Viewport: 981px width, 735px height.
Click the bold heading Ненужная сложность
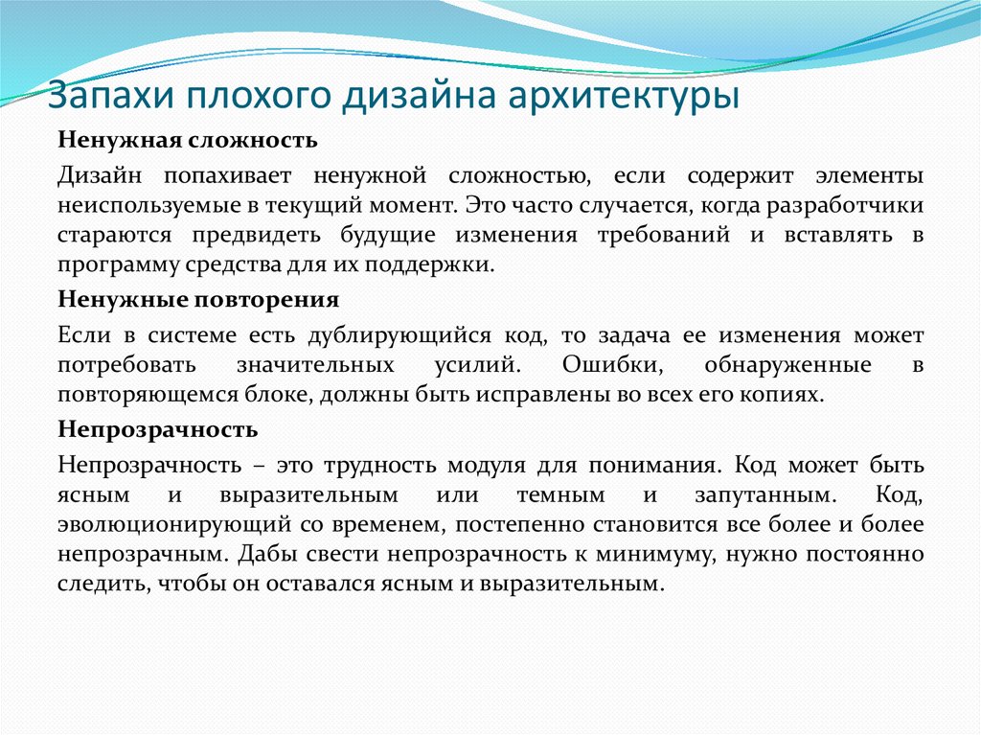(188, 141)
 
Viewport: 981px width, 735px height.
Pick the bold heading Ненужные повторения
(198, 299)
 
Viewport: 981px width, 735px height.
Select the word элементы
(869, 175)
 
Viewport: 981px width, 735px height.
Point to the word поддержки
(448, 264)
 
